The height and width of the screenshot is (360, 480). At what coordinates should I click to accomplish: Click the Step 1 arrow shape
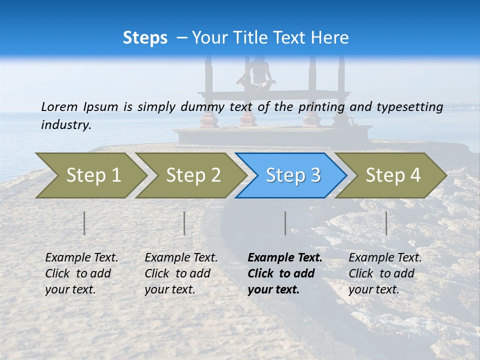click(92, 175)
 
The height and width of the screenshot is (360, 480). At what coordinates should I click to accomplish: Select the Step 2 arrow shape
click(192, 175)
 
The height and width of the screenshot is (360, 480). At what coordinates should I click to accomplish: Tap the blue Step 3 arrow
click(292, 175)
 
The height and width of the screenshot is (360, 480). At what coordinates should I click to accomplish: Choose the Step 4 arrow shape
click(392, 175)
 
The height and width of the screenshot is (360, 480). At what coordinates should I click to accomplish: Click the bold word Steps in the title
click(145, 38)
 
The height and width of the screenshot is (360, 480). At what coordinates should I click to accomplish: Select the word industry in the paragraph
click(65, 125)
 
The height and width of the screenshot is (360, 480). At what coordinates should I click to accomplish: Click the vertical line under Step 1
click(84, 223)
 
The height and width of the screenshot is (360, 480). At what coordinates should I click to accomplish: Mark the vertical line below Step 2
click(184, 223)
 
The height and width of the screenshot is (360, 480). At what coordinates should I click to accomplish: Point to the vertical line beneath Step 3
click(285, 223)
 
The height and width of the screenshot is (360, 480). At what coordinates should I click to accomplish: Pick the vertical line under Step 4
click(386, 223)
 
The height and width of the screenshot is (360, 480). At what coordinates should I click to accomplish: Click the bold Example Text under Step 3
click(285, 258)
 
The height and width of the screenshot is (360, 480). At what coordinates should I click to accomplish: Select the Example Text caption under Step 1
click(81, 258)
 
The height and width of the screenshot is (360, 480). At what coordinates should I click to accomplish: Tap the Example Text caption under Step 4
click(385, 258)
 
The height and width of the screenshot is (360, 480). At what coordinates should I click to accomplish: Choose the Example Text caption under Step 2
click(181, 258)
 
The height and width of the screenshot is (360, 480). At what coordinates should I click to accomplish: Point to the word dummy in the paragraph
click(201, 107)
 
